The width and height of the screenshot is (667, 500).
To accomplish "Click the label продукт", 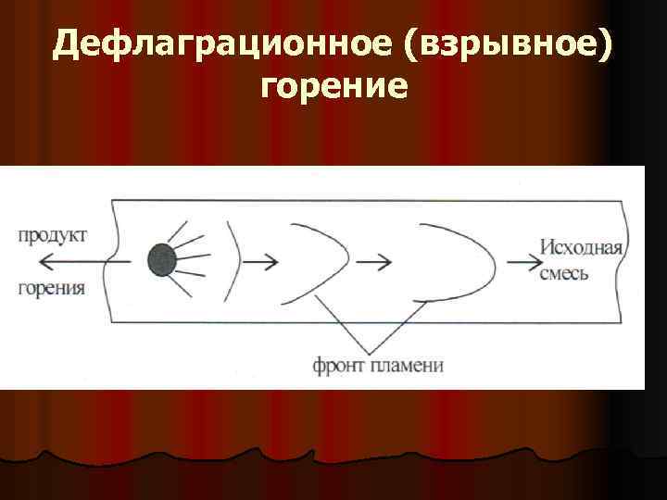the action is click(52, 236).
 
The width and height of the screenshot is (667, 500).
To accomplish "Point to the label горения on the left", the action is click(52, 288).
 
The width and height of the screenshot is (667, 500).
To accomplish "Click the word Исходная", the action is click(582, 247).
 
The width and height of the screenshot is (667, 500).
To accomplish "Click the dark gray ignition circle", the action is click(161, 260).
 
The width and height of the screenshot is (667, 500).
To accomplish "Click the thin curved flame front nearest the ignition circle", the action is click(235, 261).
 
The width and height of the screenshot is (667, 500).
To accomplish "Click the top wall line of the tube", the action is click(371, 199).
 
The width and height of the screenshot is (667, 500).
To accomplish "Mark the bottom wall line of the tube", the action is click(371, 322).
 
